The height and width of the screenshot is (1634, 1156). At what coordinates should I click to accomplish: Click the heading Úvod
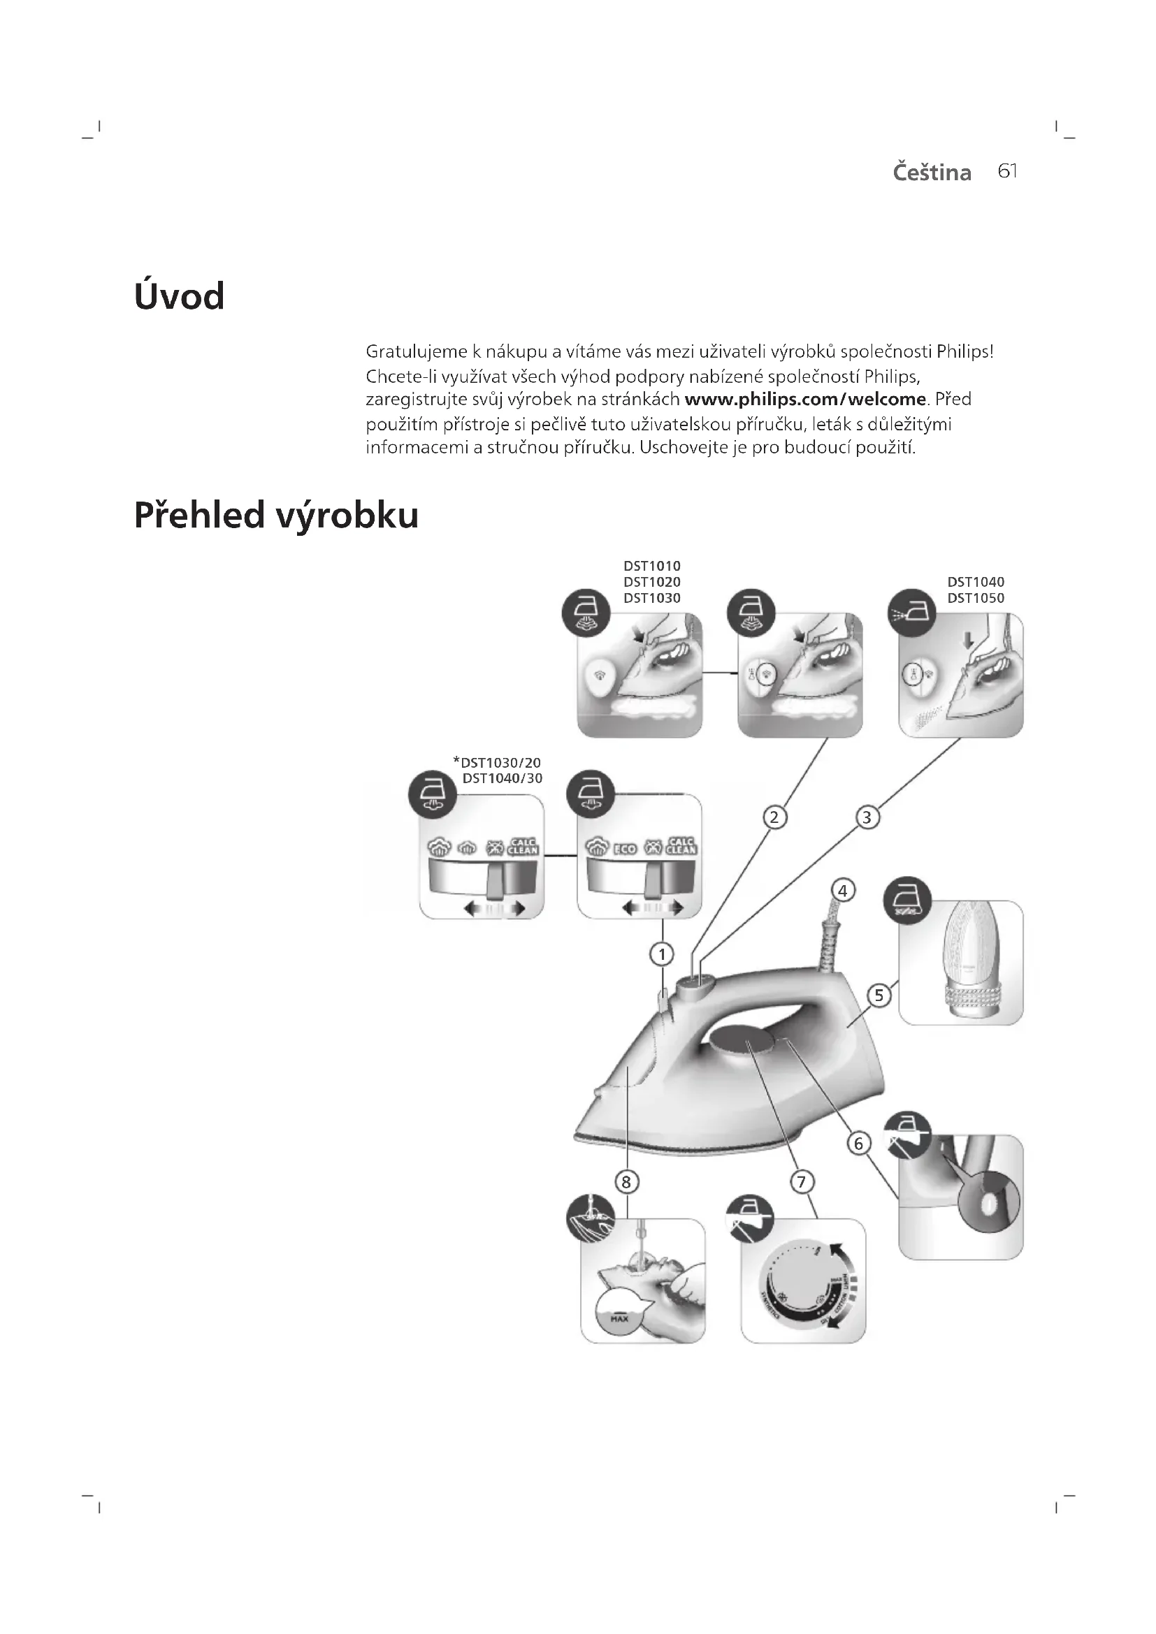point(180,296)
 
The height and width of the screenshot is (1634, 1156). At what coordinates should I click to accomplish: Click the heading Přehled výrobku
point(276,516)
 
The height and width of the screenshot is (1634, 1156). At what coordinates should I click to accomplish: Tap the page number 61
point(1007,172)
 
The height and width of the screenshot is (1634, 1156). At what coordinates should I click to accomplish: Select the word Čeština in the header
point(932,173)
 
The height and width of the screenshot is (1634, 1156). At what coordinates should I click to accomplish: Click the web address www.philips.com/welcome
point(805,400)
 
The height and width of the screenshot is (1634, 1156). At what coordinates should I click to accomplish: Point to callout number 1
point(662,954)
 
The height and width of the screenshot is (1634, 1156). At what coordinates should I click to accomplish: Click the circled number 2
point(774,817)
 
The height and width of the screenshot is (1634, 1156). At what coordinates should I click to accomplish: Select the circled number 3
point(866,817)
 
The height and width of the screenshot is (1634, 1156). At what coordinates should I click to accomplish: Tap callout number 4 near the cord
point(842,890)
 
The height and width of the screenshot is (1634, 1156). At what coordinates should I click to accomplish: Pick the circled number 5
point(879,995)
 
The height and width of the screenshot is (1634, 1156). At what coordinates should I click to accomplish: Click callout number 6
point(858,1144)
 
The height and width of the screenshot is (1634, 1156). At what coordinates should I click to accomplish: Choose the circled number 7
point(802,1182)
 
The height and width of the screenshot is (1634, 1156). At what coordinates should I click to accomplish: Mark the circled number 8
point(626,1182)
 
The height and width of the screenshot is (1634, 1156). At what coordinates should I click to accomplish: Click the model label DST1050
point(975,598)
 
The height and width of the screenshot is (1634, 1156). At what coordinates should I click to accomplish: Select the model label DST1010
point(652,566)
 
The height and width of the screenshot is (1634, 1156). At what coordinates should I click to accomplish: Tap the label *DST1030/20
point(497,762)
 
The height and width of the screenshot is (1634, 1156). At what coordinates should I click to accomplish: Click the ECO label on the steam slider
point(624,847)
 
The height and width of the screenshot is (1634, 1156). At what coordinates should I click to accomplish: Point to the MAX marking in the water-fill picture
point(619,1319)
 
